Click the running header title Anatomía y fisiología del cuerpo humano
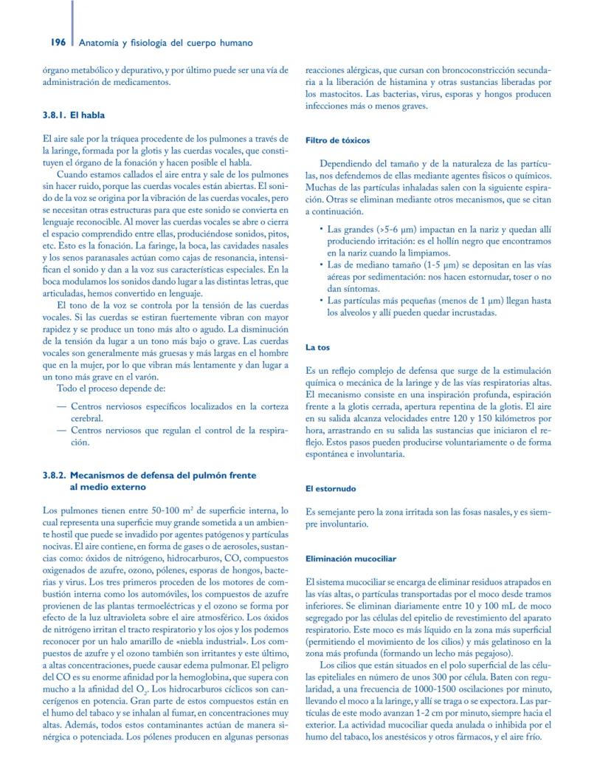pos(165,44)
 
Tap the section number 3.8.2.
pos(56,476)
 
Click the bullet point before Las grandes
pos(321,229)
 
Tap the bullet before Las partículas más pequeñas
pos(321,301)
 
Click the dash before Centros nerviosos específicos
pos(61,406)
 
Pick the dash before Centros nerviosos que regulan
pos(61,430)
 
